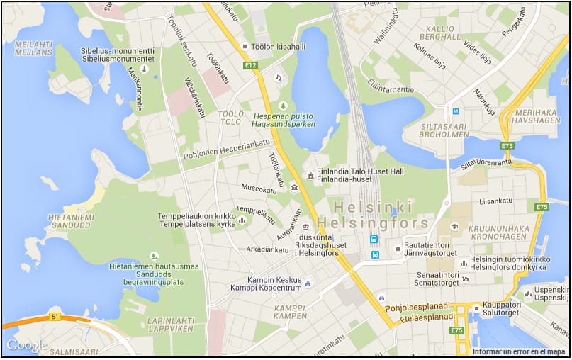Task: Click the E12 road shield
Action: pos(250,65)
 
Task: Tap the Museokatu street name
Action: pos(259,190)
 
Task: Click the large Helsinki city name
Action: pos(373,207)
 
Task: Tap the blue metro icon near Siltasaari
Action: pos(456,111)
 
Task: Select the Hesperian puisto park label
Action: pos(284,119)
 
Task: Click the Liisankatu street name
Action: pos(495,201)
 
